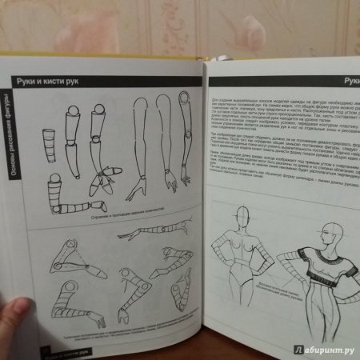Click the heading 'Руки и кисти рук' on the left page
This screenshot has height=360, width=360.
54,80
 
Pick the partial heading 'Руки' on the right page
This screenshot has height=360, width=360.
351,80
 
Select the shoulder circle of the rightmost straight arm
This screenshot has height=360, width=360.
183,98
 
